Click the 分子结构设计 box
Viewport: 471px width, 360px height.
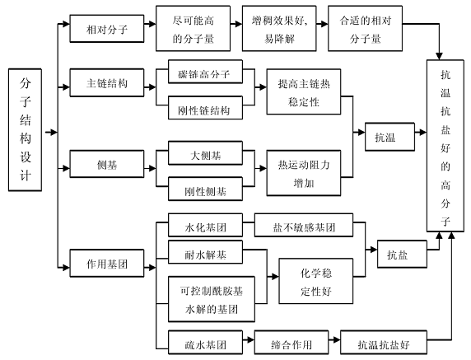(x=25, y=130)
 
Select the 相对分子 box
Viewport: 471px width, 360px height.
(x=107, y=29)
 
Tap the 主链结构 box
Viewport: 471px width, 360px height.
(x=107, y=83)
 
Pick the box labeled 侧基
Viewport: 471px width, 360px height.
(x=107, y=164)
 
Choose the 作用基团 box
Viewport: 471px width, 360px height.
(x=107, y=264)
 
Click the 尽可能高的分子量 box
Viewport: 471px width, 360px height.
(x=194, y=29)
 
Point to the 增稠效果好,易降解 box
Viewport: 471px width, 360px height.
(x=279, y=29)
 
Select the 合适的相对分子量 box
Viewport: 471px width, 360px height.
(x=366, y=29)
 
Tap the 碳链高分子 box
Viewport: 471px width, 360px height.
(x=206, y=72)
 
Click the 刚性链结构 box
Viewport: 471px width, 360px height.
(x=206, y=108)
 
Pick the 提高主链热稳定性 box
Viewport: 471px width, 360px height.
(x=304, y=92)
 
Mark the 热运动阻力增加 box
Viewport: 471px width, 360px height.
(x=304, y=173)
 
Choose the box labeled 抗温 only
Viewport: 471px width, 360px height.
(x=390, y=137)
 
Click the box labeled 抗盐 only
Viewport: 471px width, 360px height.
(x=402, y=255)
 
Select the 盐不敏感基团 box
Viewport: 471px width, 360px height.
(x=304, y=226)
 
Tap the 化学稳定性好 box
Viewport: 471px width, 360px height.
(x=316, y=281)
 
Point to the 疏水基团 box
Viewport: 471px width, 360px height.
(x=206, y=343)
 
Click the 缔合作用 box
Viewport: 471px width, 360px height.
(x=291, y=343)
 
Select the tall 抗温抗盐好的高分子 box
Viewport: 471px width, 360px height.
(x=445, y=146)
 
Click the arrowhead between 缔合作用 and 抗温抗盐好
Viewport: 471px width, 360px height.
(x=337, y=340)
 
